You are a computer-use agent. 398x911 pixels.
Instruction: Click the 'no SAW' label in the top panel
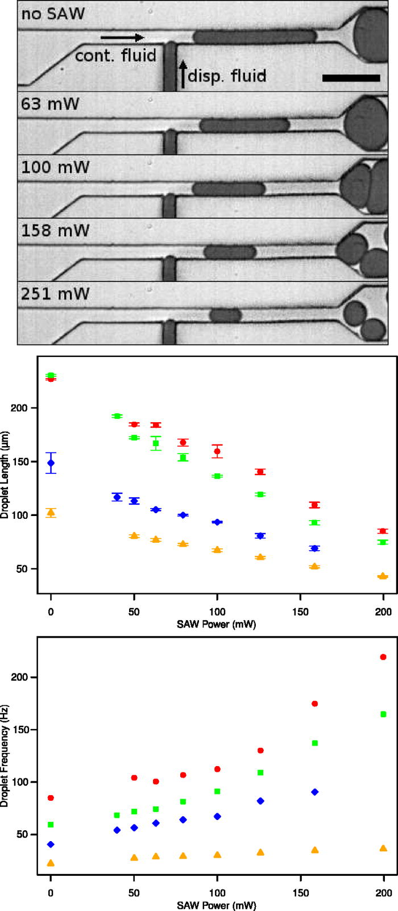click(x=52, y=13)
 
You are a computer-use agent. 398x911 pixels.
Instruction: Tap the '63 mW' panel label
click(x=50, y=104)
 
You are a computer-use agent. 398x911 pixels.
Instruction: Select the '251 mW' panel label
click(x=55, y=294)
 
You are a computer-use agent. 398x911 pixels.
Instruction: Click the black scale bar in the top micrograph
click(x=351, y=78)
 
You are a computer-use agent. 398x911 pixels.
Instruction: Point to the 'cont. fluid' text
click(x=115, y=56)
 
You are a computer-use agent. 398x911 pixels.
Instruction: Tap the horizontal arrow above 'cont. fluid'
click(x=122, y=38)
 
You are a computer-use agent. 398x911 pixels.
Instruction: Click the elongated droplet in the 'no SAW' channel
click(x=254, y=37)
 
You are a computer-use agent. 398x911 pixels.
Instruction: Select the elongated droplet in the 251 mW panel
click(x=226, y=315)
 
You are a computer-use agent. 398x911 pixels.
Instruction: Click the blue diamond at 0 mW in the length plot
click(x=51, y=463)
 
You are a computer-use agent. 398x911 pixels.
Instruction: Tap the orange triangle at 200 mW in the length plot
click(x=383, y=576)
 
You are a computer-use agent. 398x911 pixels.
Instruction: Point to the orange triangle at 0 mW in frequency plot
click(x=51, y=863)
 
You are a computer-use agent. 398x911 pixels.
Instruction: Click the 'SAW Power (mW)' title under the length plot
click(x=217, y=624)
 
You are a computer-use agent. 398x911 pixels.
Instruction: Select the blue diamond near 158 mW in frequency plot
click(x=315, y=792)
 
